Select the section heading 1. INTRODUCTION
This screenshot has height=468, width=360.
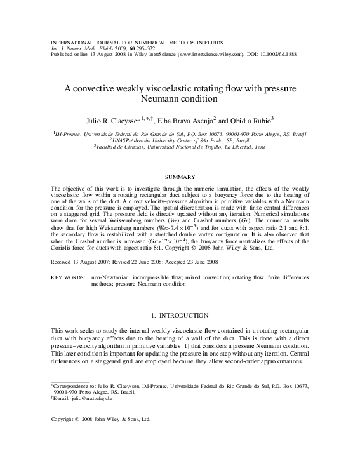coord(180,316)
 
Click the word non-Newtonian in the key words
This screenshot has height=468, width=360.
coord(110,279)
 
